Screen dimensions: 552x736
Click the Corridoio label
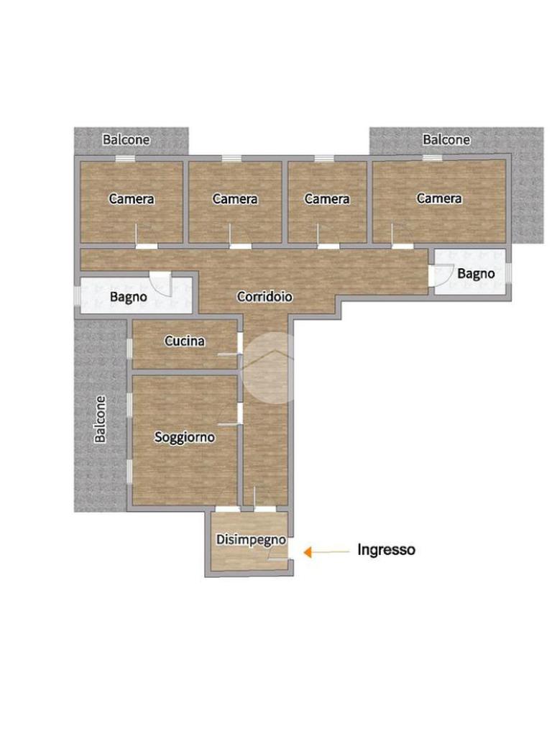[x=264, y=297]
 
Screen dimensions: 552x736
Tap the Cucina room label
[x=185, y=341]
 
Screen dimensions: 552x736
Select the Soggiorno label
[x=185, y=438]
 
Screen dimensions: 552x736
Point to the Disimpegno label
[x=251, y=540]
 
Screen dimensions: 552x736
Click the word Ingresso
[x=386, y=549]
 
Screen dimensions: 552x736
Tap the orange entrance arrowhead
[x=308, y=552]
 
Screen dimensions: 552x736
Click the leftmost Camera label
[x=132, y=199]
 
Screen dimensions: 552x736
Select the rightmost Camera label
[x=439, y=198]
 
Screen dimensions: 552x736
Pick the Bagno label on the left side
[x=128, y=297]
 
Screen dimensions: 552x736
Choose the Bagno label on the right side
[x=476, y=274]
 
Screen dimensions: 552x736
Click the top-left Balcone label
[x=126, y=139]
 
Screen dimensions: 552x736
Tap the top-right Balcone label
[x=446, y=139]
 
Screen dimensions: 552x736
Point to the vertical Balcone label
[x=100, y=419]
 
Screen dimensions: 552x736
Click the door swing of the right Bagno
[x=442, y=275]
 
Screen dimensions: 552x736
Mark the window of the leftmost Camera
[x=125, y=158]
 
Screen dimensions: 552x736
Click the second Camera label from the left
[x=235, y=199]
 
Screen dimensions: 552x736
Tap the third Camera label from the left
[x=327, y=199]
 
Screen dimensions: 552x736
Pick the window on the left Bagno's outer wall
[x=78, y=295]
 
